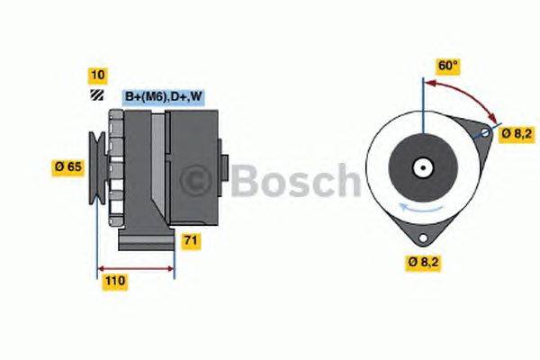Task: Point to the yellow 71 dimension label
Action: click(x=191, y=240)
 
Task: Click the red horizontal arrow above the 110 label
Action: click(x=135, y=267)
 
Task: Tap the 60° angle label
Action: click(x=448, y=66)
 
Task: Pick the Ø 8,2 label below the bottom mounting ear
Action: click(x=425, y=263)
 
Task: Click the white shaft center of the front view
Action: click(x=420, y=167)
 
